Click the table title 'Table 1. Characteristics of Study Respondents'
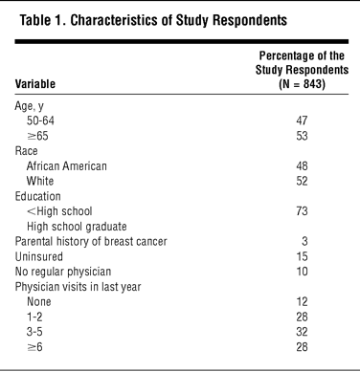coord(153,20)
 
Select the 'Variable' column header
coord(35,84)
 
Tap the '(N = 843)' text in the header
coord(302,84)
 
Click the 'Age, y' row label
coord(29,106)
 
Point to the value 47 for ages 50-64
coord(302,120)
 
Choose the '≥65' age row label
coord(37,136)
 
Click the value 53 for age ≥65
coord(302,136)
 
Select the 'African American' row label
coord(67,166)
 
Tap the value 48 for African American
coord(302,166)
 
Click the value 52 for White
coord(302,181)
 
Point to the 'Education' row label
coord(37,196)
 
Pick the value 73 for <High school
coord(302,211)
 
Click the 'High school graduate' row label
coord(77,227)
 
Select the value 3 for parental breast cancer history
coord(304,241)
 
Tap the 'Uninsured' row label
coord(39,256)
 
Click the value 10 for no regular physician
coord(302,272)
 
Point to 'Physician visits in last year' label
coord(78,287)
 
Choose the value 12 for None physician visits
coord(302,301)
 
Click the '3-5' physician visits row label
coord(34,332)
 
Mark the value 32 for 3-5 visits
coord(302,332)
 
